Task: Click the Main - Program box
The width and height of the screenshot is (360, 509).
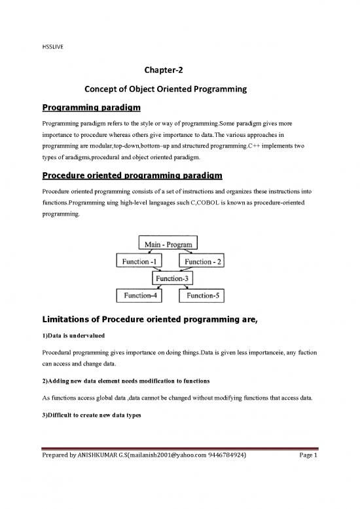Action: click(x=168, y=244)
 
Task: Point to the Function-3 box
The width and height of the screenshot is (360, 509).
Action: click(x=173, y=278)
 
